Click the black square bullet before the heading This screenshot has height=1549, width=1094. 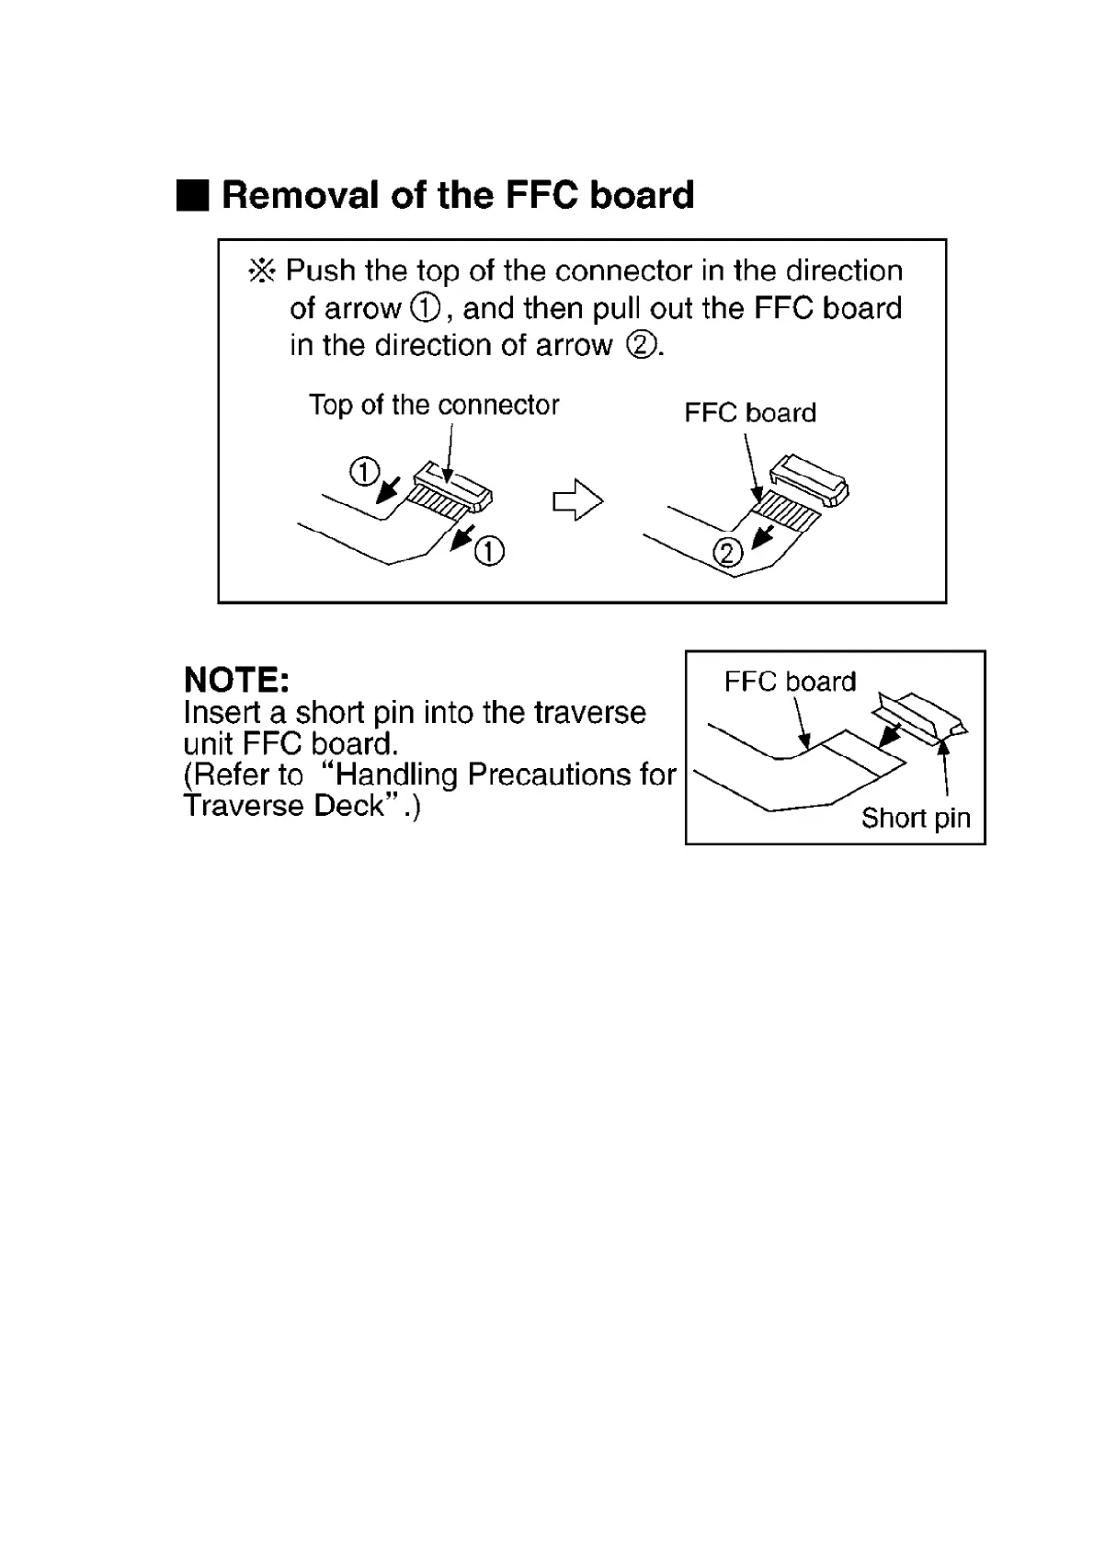(192, 196)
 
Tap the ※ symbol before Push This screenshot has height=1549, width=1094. (262, 271)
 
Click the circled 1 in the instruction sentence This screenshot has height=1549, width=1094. (427, 309)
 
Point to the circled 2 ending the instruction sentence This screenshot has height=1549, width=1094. (640, 346)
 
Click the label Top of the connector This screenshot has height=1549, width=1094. (434, 406)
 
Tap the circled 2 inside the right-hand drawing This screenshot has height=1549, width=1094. (727, 552)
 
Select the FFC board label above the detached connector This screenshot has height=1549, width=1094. (750, 413)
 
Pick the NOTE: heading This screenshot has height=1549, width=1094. (237, 681)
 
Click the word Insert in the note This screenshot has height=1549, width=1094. (222, 713)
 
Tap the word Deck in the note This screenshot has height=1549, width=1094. (348, 806)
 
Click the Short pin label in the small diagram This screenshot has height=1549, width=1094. (916, 818)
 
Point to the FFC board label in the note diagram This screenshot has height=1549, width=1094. (790, 682)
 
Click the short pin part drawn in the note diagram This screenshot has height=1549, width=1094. (920, 717)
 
